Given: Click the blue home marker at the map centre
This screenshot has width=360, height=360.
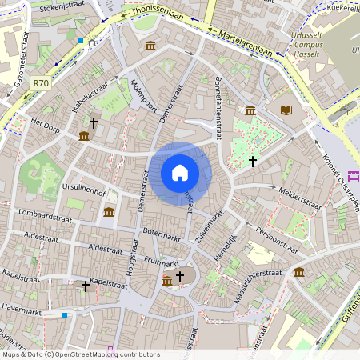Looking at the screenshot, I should point(179,172).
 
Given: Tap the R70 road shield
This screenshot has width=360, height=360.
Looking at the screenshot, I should point(42,82).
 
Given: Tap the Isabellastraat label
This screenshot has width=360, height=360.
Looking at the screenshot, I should point(89,99).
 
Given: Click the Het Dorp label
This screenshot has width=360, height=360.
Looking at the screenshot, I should point(46,125).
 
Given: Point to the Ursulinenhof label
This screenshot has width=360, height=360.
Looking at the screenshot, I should point(83,192).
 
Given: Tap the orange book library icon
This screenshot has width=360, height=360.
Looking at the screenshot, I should point(286,110).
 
